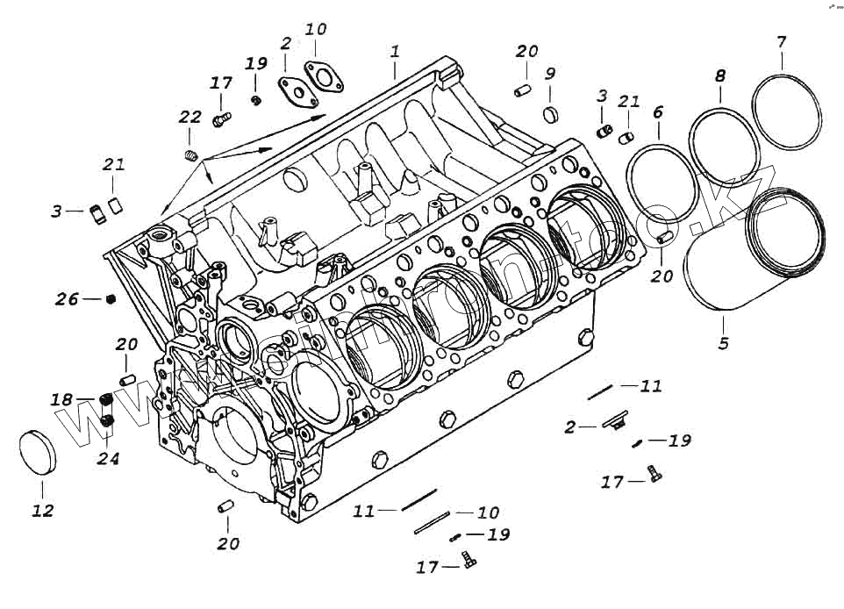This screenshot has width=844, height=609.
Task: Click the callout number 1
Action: point(396,52)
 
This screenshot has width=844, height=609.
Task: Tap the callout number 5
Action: point(723,343)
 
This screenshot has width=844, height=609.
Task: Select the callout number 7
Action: point(781,41)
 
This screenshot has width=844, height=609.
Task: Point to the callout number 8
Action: point(720,76)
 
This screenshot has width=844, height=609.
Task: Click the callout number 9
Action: point(550,73)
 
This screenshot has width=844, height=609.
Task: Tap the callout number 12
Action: point(42,511)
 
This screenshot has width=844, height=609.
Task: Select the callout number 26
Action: point(67,299)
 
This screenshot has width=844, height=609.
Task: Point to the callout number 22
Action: point(190,118)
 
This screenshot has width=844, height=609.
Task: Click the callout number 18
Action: point(61,400)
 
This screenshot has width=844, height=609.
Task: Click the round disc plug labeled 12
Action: point(37,454)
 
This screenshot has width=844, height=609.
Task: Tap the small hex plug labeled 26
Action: point(111,299)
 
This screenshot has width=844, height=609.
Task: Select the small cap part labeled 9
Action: point(550,114)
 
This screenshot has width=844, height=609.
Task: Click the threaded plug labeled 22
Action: point(191,156)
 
